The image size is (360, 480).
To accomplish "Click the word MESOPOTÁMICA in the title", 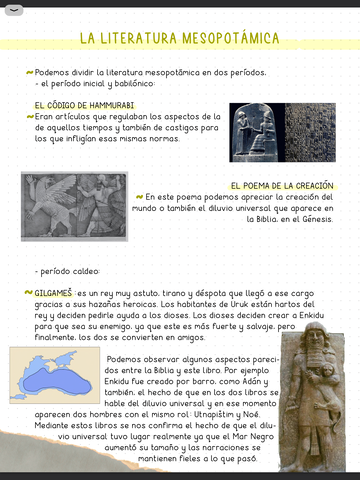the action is (229, 39).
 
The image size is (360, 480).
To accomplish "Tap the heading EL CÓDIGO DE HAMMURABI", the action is (84, 104).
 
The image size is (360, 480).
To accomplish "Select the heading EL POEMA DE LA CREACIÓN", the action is (281, 186).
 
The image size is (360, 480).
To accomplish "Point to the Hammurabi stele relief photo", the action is (255, 131).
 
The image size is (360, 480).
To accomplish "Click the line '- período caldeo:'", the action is (67, 270).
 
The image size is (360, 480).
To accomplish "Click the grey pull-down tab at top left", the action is (16, 9).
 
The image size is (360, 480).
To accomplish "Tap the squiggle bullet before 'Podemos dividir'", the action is (28, 73).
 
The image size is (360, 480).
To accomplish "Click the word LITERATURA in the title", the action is (140, 39).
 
